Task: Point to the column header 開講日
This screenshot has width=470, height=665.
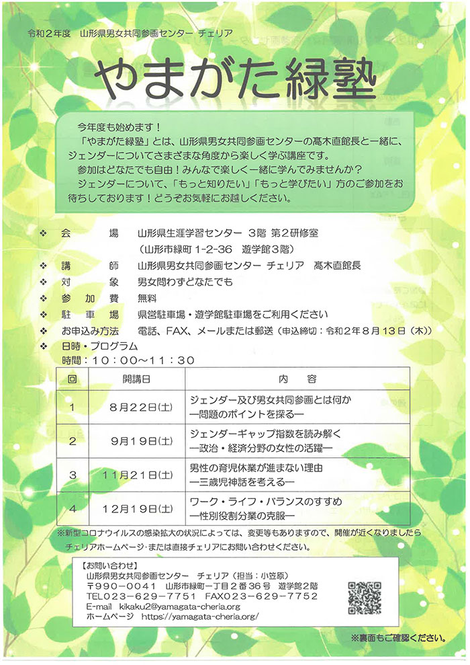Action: coord(136,379)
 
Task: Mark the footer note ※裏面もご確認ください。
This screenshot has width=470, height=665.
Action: coord(397,635)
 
